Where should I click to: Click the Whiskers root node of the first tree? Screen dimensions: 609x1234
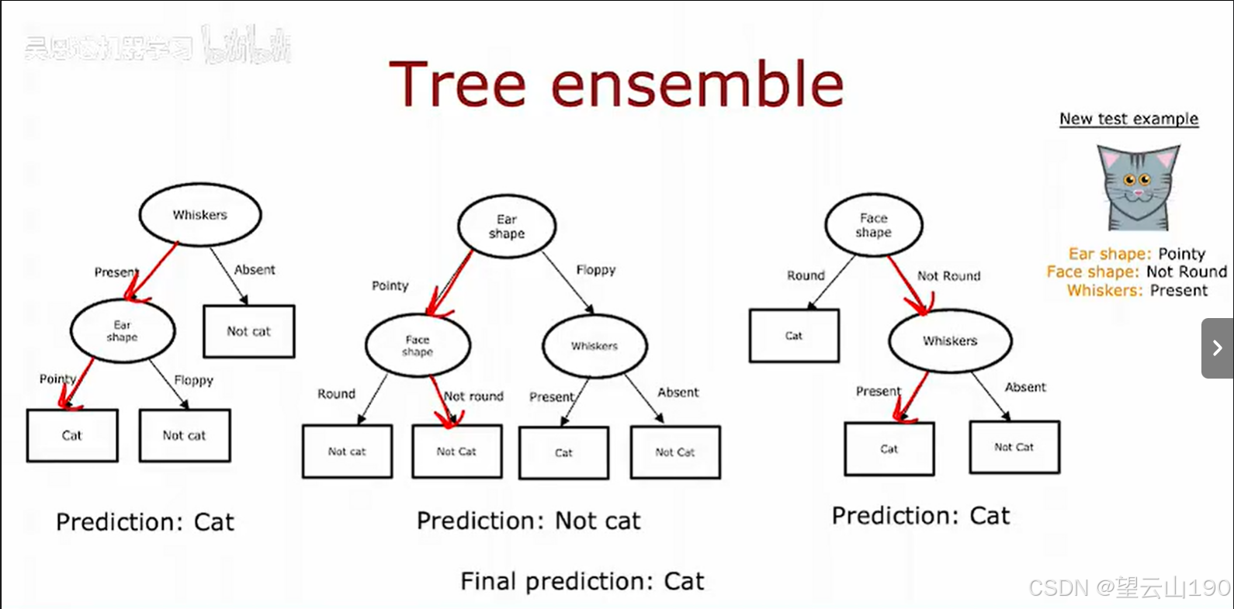point(200,215)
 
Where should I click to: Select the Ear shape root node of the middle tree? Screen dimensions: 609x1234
point(507,227)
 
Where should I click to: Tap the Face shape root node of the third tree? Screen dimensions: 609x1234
point(874,225)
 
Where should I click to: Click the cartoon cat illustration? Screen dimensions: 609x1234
point(1137,188)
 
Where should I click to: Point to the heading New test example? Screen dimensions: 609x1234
point(1128,119)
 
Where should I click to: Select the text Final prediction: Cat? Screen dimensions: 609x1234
point(582,581)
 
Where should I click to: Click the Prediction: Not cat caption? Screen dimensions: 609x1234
point(529,521)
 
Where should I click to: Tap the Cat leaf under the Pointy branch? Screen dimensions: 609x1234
point(72,435)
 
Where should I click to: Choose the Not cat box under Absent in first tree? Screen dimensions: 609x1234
point(248,331)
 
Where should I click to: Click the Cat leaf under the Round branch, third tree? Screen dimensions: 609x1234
point(794,336)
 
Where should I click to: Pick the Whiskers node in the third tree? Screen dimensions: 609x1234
point(950,341)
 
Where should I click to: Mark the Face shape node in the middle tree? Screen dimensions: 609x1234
point(418,345)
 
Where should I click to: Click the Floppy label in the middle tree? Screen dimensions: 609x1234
point(596,270)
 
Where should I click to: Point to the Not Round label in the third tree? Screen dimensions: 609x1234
point(948,276)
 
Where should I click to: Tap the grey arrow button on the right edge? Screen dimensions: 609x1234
point(1217,348)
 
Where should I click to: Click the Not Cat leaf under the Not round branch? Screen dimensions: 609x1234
point(456,452)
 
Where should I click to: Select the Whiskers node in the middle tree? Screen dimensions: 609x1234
point(594,346)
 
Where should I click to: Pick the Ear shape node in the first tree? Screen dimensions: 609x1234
point(123,330)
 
